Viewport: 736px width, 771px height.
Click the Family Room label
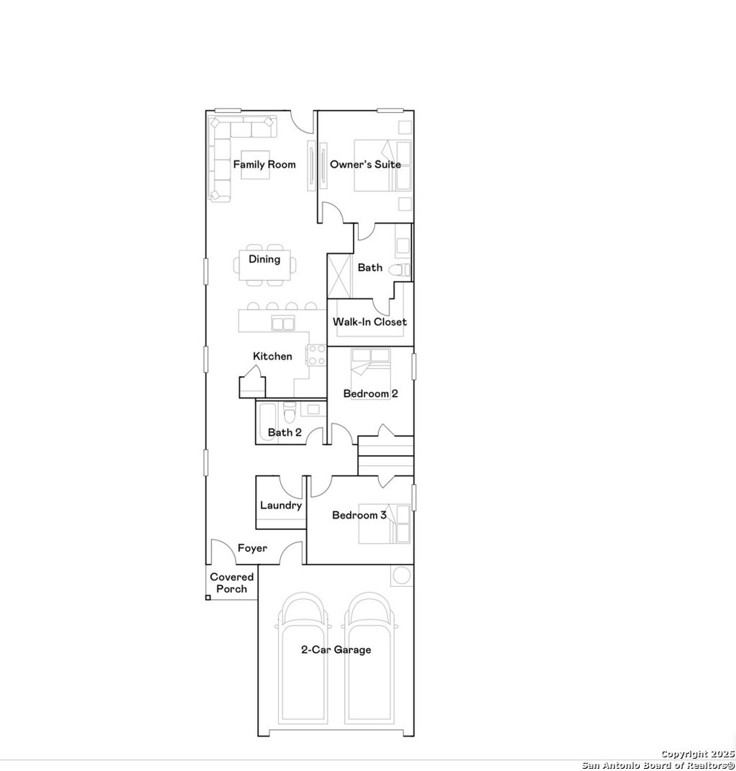tap(264, 165)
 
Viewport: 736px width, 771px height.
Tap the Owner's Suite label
tap(365, 165)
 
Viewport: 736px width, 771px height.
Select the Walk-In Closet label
tap(369, 322)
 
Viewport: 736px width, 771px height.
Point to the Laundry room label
tap(281, 506)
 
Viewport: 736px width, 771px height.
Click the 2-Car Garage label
tap(336, 650)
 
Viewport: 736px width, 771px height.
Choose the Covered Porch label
tap(231, 583)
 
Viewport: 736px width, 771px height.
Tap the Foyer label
tap(252, 548)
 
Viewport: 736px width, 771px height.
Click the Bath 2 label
tap(285, 432)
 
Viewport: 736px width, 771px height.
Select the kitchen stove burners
tap(316, 354)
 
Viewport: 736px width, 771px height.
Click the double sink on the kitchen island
tap(282, 324)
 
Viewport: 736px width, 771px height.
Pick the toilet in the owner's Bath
tap(400, 270)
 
